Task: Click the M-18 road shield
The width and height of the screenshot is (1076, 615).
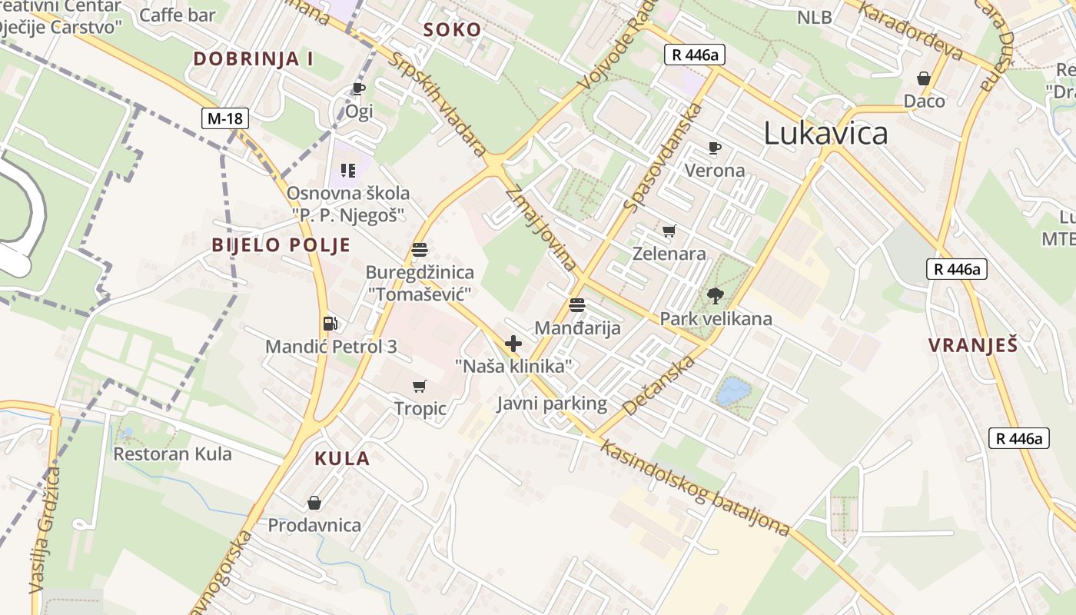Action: tap(226, 118)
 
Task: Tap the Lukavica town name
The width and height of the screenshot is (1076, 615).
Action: tap(825, 133)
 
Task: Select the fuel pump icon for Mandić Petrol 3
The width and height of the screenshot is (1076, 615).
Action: tap(330, 324)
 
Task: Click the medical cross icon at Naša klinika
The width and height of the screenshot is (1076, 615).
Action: tap(513, 344)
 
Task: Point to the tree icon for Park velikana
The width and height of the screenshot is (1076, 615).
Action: tap(716, 295)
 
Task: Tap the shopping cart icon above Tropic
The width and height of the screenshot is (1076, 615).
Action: tap(420, 386)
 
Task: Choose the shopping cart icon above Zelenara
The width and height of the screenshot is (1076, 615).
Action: tap(669, 231)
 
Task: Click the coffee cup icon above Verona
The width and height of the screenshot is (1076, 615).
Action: tap(715, 148)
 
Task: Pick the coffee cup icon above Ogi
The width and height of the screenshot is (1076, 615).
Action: tap(359, 88)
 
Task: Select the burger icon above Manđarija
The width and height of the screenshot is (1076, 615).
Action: tap(577, 305)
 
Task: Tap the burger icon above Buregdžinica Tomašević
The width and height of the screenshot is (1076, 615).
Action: tap(420, 249)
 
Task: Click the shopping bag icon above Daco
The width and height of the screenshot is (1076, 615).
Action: tap(924, 78)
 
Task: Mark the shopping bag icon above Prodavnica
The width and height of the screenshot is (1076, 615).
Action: tap(314, 503)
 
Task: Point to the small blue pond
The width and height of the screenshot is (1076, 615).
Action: tap(732, 391)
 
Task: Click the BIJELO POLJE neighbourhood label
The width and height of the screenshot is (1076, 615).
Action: tap(281, 245)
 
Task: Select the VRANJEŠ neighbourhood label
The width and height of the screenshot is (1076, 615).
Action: tap(972, 345)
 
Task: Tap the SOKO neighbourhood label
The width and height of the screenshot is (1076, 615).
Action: tap(453, 31)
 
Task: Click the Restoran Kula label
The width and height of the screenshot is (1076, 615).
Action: tap(172, 454)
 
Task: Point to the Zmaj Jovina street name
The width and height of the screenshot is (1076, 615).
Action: tap(540, 228)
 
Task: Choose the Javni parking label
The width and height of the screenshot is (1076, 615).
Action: tap(552, 404)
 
